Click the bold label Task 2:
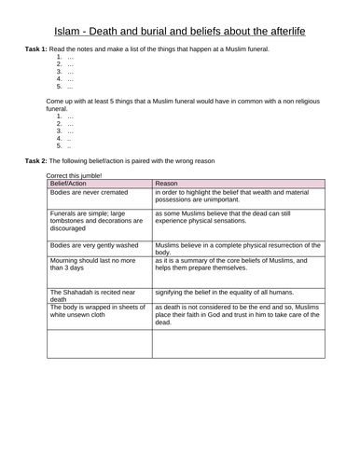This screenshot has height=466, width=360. pos(40,161)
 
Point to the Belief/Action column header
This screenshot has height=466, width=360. pos(74,184)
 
